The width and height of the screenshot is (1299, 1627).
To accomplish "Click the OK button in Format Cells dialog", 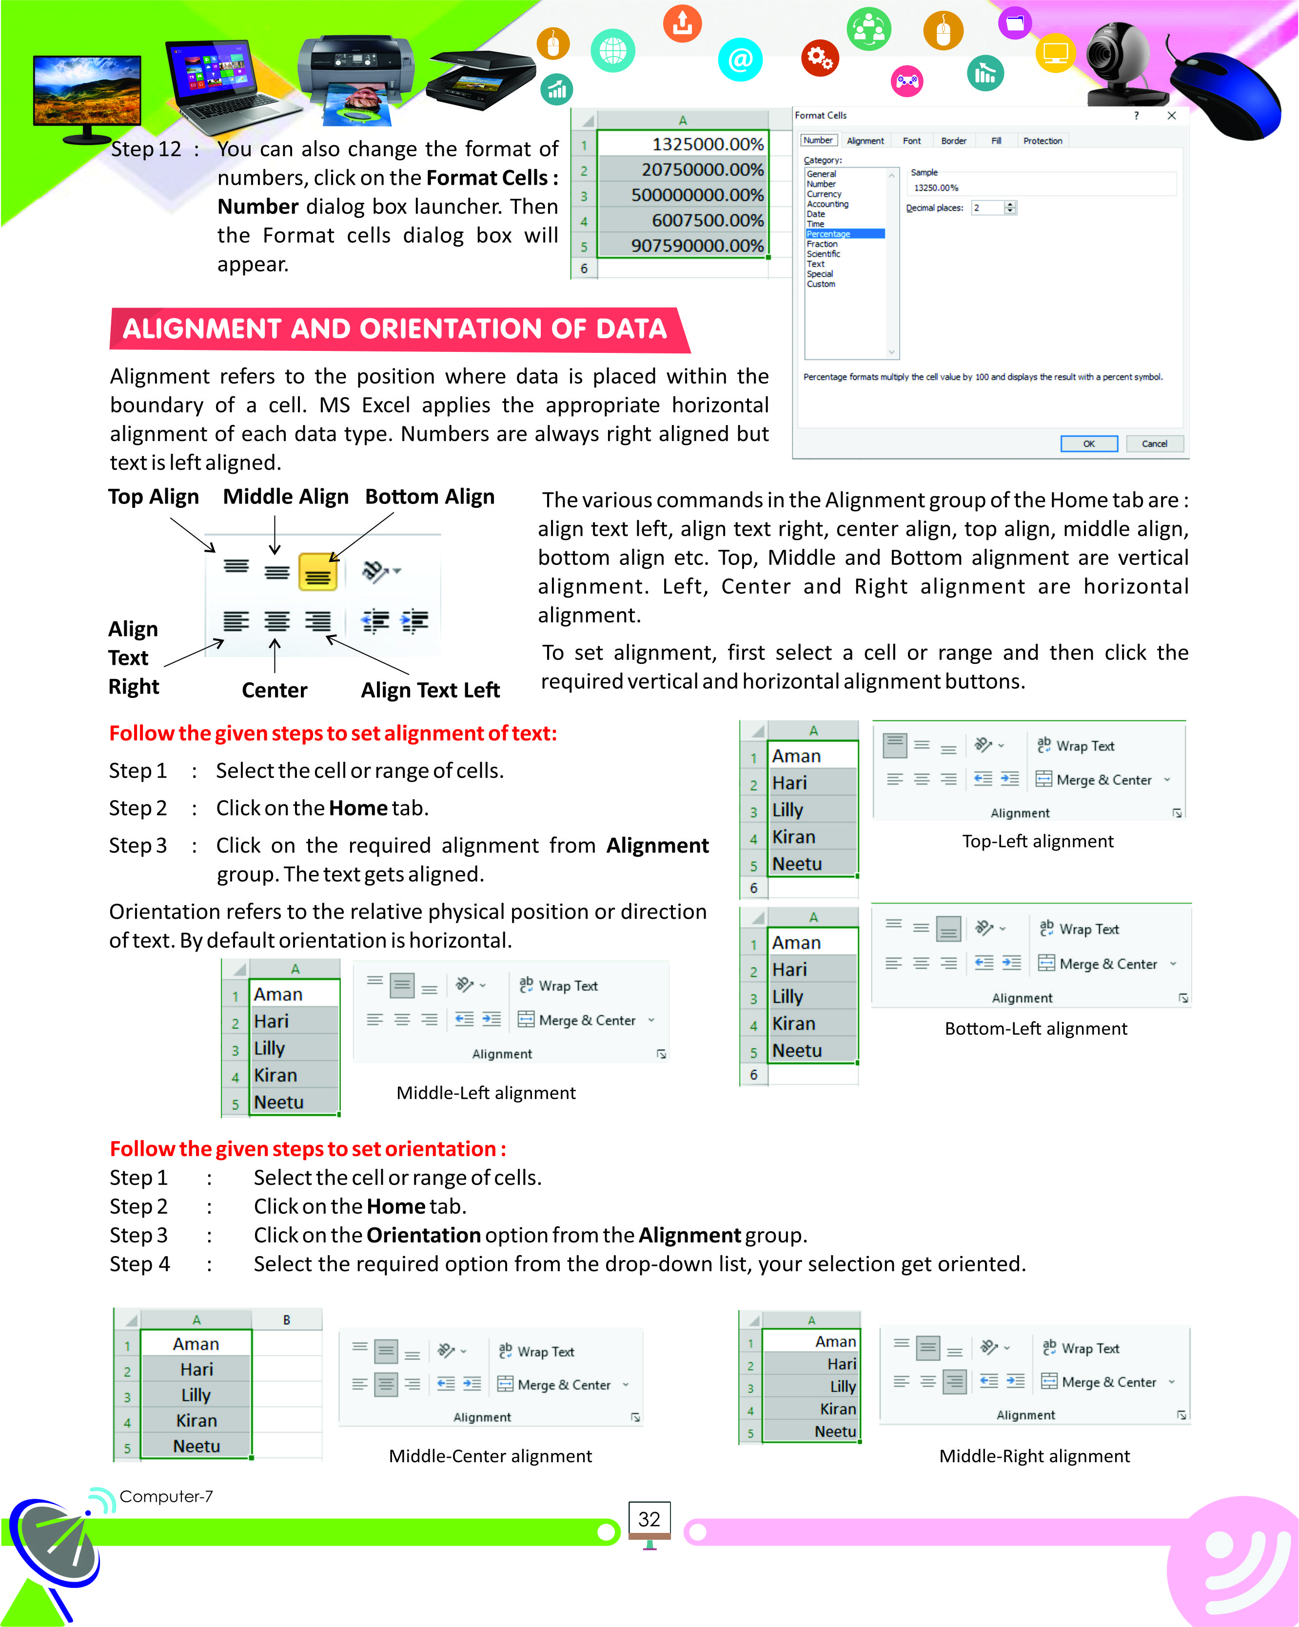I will tap(1088, 444).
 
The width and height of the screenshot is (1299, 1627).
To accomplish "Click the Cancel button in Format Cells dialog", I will tap(1154, 444).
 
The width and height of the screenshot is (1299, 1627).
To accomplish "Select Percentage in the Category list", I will tap(844, 234).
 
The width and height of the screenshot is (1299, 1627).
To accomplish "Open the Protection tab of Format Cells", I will tap(1043, 141).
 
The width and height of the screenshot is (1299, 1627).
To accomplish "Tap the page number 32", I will tap(649, 1519).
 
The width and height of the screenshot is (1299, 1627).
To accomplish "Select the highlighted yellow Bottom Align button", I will tap(318, 571).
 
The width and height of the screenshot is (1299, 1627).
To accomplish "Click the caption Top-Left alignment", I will tap(1037, 841).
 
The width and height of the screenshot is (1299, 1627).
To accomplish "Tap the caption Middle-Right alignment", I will tap(1034, 1456).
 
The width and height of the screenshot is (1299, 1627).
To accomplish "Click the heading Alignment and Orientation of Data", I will tap(395, 329).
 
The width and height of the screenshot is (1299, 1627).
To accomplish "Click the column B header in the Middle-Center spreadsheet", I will tap(286, 1320).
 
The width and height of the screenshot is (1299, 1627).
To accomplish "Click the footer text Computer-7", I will tap(166, 1496).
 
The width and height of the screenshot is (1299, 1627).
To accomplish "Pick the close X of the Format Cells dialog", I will tap(1171, 116).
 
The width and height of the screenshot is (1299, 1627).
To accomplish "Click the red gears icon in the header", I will tap(820, 58).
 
